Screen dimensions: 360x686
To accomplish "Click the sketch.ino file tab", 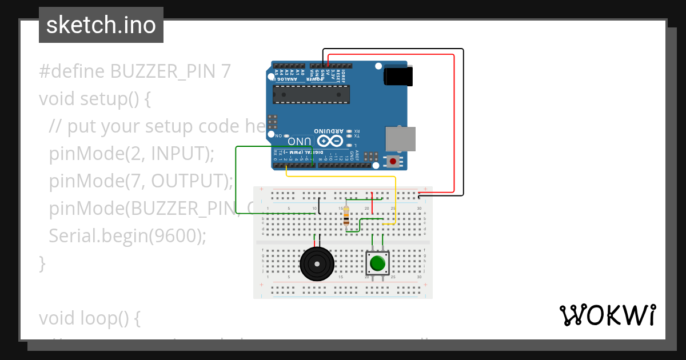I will click(x=101, y=25).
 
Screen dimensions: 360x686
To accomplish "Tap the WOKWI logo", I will click(x=607, y=315).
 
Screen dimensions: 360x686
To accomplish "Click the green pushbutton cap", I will click(x=377, y=263).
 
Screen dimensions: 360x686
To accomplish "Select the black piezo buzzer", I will click(x=316, y=264).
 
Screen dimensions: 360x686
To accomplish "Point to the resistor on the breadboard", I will click(x=346, y=218).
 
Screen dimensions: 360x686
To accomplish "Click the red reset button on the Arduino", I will click(x=393, y=162).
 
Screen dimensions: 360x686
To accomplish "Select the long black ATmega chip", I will click(x=310, y=95).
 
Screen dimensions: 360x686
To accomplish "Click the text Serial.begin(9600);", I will click(x=127, y=235).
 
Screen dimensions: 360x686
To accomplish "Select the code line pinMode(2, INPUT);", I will click(x=131, y=153).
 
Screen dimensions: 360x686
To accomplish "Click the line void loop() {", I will click(x=89, y=318).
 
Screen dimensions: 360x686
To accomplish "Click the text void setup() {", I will click(x=95, y=98).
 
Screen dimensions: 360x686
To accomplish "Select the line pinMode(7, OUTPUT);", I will click(x=141, y=181).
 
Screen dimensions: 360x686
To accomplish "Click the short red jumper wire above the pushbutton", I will click(x=372, y=203).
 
